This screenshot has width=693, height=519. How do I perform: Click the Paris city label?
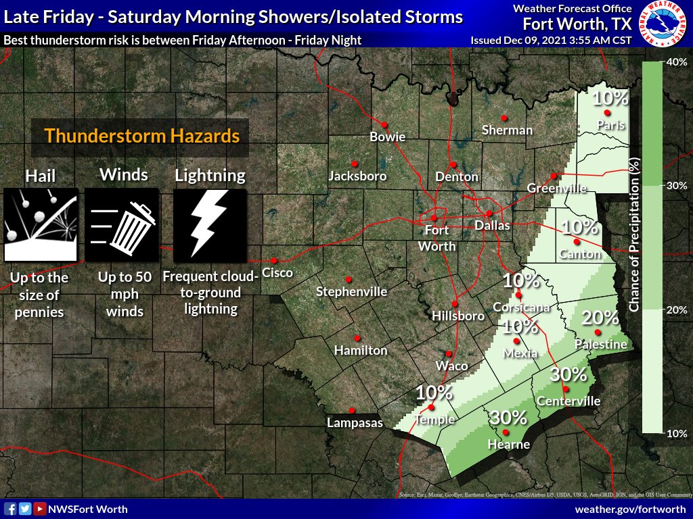[x=610, y=125]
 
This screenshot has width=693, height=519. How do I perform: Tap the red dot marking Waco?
[x=448, y=353]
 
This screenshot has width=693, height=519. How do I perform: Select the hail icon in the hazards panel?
[x=39, y=225]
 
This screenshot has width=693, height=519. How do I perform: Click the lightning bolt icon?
[x=209, y=225]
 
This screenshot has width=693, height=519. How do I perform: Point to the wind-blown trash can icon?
[x=122, y=225]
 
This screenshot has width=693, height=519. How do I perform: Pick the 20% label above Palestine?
[x=600, y=318]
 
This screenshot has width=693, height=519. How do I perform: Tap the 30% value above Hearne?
[x=509, y=417]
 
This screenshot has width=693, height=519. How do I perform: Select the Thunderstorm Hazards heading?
[x=142, y=136]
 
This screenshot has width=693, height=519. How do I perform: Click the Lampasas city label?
[x=355, y=424]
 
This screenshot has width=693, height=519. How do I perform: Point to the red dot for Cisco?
[x=275, y=260]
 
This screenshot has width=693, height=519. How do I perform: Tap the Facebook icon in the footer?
[x=10, y=509]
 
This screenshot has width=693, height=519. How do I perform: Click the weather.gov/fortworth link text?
[x=630, y=509]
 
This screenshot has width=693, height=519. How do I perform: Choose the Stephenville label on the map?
[x=352, y=292]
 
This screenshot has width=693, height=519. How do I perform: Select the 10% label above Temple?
[x=434, y=392]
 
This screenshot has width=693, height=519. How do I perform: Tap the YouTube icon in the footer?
[x=40, y=509]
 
